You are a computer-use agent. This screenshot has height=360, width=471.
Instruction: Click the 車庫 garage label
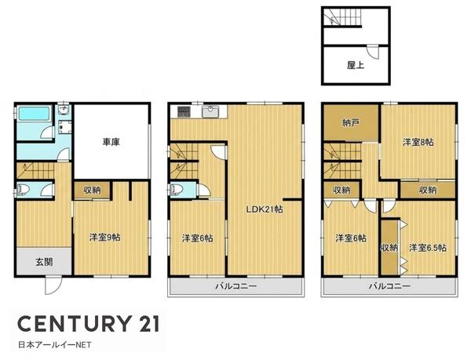pos(111,142)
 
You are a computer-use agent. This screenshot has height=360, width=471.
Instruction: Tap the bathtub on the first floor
pos(34,114)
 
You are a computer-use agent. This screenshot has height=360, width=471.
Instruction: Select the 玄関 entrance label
pos(45,262)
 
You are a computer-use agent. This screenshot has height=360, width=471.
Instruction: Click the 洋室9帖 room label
pos(105,238)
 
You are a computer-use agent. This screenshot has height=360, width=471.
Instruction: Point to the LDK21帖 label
pos(265,209)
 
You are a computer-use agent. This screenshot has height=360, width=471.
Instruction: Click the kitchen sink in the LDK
pos(211,112)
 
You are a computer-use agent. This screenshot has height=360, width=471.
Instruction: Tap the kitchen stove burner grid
pos(183,112)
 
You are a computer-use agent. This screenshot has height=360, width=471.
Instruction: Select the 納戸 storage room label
pos(351,122)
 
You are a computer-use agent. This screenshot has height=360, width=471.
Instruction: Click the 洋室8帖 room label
pos(418,142)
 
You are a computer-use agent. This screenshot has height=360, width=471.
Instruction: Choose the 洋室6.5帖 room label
pos(428,248)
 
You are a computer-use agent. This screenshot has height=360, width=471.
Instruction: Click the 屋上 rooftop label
pos(356,65)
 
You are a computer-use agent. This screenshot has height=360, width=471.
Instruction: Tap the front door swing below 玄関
pos(53,285)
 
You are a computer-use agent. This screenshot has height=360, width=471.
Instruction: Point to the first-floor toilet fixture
pos(24,190)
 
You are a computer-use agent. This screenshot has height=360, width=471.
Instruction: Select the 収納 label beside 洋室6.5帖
pos(389,248)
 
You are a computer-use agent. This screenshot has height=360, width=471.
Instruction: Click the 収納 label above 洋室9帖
pos(92,190)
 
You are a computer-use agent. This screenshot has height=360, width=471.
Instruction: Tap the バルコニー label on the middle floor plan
pos(236,285)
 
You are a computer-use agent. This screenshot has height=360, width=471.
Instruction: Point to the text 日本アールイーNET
pos(55,345)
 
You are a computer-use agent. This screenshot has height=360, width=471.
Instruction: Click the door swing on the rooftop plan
pos(374,52)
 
